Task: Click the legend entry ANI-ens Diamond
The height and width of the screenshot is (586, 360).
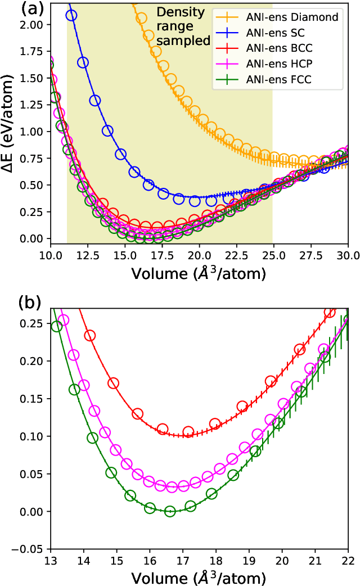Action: click(292, 17)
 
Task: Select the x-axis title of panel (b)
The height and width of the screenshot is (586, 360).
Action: click(199, 577)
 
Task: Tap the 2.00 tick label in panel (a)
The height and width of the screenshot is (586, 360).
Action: click(34, 25)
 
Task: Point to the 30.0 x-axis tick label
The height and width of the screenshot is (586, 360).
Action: click(348, 255)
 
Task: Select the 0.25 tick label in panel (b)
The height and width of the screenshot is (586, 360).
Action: click(34, 323)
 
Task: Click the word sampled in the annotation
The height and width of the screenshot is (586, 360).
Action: click(183, 40)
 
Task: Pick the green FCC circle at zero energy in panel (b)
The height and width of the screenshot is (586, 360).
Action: click(170, 511)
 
